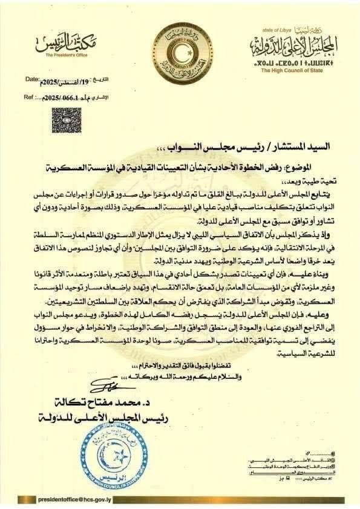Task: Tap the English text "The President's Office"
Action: (x=66, y=55)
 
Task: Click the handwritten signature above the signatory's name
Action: (x=109, y=384)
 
